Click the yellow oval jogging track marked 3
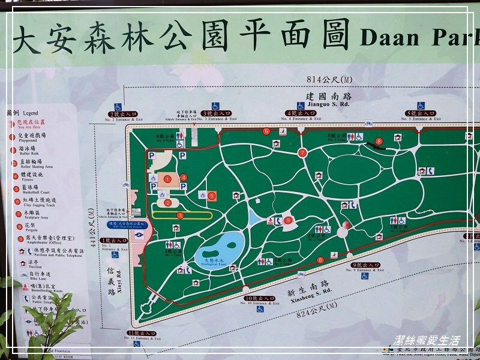click(181, 214)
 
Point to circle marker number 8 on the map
click(379, 142)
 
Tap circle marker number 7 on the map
click(302, 154)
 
